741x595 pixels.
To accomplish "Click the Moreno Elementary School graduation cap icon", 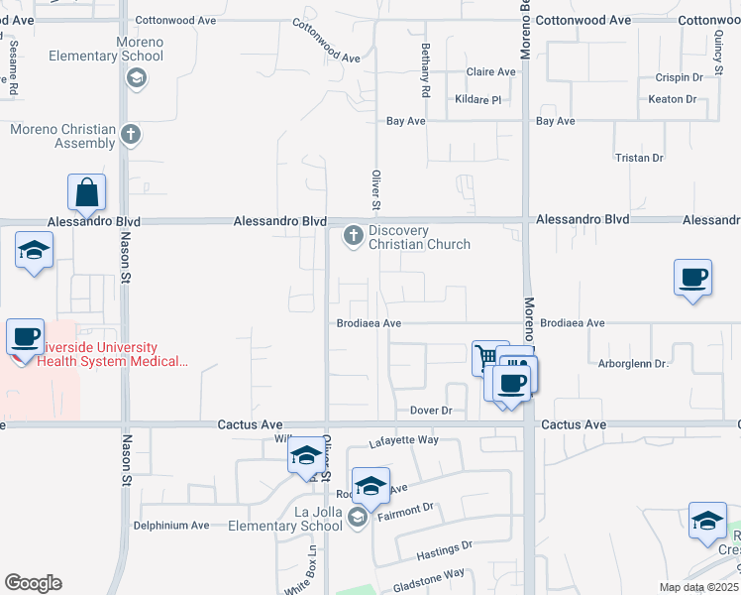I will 136,78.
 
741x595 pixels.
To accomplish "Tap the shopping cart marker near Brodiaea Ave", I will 486,356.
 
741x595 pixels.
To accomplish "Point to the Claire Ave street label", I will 491,71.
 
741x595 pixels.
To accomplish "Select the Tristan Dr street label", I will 639,158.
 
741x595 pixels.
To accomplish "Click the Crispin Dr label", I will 679,76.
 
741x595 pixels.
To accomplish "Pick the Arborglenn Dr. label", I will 635,364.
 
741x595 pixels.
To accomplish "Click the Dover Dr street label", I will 431,410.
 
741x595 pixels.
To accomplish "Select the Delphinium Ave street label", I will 172,525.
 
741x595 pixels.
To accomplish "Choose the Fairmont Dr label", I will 408,508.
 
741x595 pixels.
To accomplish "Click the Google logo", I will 33,583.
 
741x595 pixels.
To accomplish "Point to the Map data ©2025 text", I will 698,587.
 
